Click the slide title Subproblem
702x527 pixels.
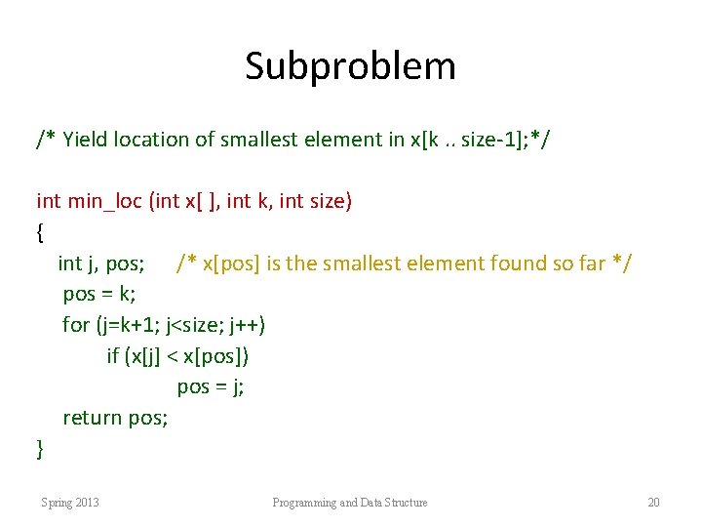tap(350, 66)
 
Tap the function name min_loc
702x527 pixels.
tap(104, 202)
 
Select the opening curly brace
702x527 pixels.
tap(39, 233)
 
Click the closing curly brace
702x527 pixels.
tap(39, 449)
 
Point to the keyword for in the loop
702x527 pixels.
tap(75, 325)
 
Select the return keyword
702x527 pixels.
tap(93, 419)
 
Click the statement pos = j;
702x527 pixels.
tap(211, 387)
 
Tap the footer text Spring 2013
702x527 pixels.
tap(69, 503)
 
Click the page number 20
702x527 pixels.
tap(653, 503)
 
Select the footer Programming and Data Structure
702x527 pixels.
tap(349, 503)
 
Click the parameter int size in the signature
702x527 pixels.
tap(315, 202)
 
